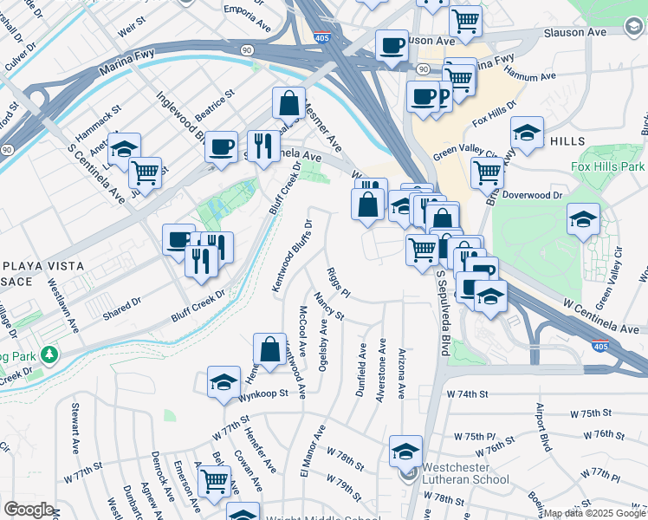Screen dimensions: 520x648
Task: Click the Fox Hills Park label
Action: tap(608, 166)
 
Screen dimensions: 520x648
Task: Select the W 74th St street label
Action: tap(469, 394)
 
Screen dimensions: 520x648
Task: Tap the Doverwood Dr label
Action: tap(533, 196)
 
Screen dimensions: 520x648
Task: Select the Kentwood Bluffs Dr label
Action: tap(292, 256)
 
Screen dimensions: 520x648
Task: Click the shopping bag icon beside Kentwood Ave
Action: tap(269, 350)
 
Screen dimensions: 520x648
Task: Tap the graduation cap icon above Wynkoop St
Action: tap(224, 381)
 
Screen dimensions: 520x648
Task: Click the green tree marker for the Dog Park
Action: tap(50, 354)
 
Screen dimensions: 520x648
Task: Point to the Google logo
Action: tap(28, 510)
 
